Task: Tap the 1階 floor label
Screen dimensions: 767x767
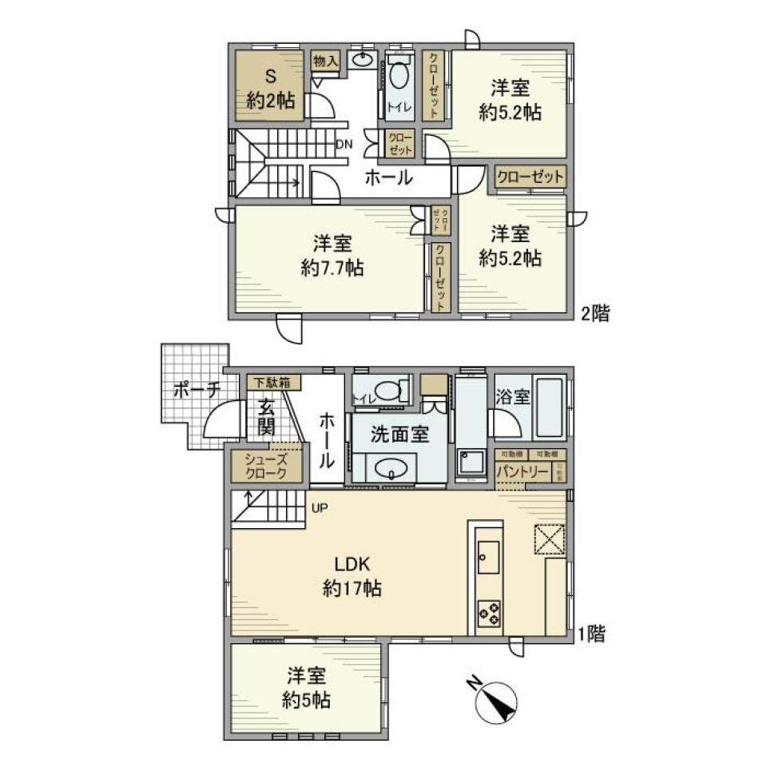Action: point(590,635)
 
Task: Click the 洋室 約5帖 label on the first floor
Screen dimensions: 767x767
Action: point(307,690)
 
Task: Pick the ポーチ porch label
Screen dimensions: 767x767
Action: point(195,390)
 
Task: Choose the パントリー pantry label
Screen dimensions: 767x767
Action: point(523,472)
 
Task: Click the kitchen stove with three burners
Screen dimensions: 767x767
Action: point(489,612)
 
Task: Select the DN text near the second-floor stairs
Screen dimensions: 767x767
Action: point(344,144)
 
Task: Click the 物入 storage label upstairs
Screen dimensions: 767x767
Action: point(325,61)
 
